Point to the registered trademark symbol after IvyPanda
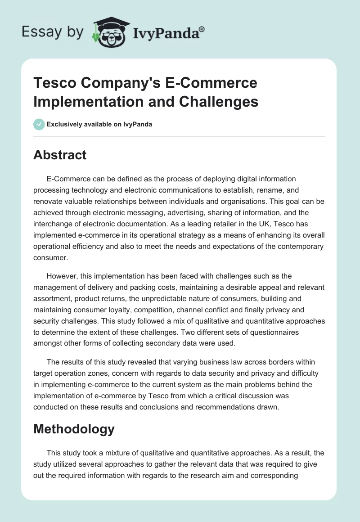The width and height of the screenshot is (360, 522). (202, 28)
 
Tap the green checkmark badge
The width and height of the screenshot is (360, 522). (39, 124)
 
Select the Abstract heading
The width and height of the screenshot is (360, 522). (60, 155)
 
